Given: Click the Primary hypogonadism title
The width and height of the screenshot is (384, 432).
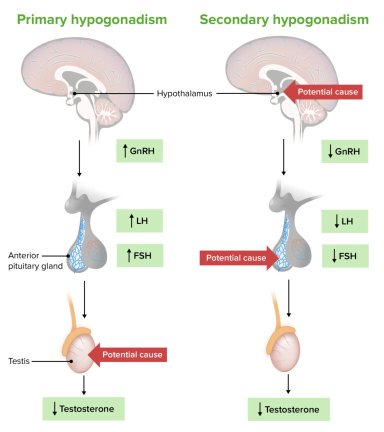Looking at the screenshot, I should pos(91,20).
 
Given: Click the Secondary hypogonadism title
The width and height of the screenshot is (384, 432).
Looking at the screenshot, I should pos(284,20).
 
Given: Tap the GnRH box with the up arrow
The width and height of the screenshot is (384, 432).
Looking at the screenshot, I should pos(139,150).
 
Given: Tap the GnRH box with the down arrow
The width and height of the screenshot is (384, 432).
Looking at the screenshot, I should pos(344,151).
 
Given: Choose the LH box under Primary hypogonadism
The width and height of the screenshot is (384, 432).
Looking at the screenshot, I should pos(139,220).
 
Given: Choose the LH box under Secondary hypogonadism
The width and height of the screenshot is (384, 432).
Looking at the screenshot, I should pos(344,220).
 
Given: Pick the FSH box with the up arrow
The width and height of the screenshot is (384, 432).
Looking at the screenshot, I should pos(139,256).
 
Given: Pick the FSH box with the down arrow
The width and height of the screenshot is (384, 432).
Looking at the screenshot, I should pos(344,256).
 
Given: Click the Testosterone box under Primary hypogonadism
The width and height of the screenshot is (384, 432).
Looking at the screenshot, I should pos(83,408).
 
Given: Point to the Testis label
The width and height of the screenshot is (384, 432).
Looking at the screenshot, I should pos(18,360).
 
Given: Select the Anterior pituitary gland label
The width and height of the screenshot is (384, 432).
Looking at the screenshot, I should pos(35,260).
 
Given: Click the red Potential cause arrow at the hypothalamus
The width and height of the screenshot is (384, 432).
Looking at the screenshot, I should pos(322,91).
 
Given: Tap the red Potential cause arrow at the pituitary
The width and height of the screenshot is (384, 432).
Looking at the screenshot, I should pos(238,258).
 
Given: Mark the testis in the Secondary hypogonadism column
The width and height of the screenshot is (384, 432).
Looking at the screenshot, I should pos(289,355).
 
